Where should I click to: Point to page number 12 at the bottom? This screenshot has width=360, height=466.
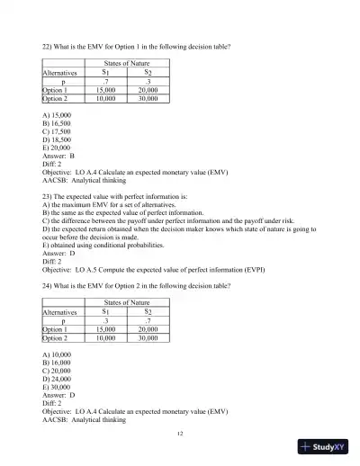(x=180, y=433)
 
